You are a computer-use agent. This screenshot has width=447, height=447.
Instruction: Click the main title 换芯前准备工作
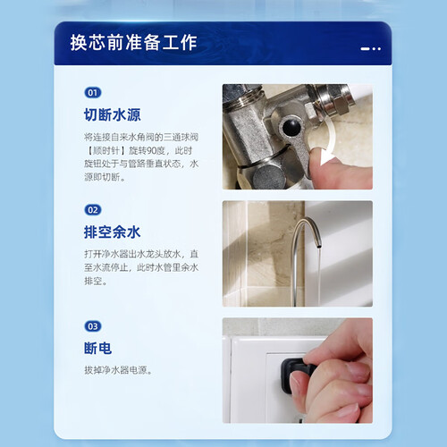133,42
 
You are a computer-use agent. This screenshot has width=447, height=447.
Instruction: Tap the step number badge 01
93,93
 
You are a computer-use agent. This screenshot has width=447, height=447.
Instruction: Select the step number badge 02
93,210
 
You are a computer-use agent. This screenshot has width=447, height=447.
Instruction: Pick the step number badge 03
93,326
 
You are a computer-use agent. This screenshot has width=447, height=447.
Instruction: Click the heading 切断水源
112,114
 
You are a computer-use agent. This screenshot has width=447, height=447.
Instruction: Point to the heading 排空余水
112,232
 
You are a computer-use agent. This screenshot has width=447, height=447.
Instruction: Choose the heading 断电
97,348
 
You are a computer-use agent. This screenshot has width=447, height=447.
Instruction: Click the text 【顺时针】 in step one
106,150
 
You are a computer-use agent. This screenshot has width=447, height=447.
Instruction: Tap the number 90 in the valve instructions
151,150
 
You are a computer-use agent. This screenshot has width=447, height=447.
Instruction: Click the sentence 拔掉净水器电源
118,370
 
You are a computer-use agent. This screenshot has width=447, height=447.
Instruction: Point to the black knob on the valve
291,127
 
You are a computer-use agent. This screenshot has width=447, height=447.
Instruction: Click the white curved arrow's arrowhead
327,157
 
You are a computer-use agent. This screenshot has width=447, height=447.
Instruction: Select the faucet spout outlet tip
319,246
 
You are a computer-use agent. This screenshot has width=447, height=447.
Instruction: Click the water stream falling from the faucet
319,277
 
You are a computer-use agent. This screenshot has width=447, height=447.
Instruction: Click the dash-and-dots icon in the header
370,48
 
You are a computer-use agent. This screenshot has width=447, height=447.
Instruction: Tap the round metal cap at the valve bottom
268,178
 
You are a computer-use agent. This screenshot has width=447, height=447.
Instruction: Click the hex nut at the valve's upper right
341,105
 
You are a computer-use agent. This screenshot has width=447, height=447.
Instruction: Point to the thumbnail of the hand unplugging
298,370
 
